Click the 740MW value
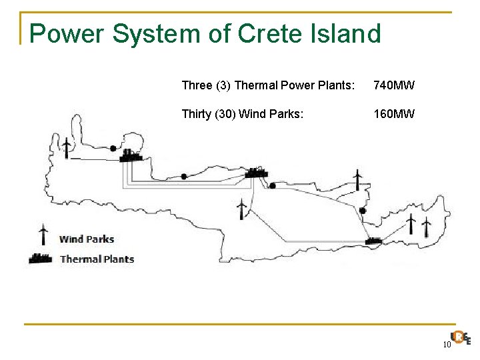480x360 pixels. [394, 85]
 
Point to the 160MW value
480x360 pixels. [394, 114]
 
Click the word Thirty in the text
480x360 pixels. [197, 114]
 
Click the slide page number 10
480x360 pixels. [447, 344]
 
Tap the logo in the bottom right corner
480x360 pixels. [461, 338]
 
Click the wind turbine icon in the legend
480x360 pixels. [43, 234]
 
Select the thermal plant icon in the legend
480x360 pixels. [41, 258]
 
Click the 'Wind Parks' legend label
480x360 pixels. [87, 239]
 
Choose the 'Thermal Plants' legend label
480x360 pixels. [97, 259]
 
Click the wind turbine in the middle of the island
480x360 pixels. [241, 208]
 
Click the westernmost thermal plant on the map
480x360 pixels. [131, 155]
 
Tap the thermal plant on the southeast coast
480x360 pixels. [373, 239]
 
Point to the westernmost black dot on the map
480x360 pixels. [113, 148]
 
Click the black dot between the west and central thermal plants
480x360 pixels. [184, 177]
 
